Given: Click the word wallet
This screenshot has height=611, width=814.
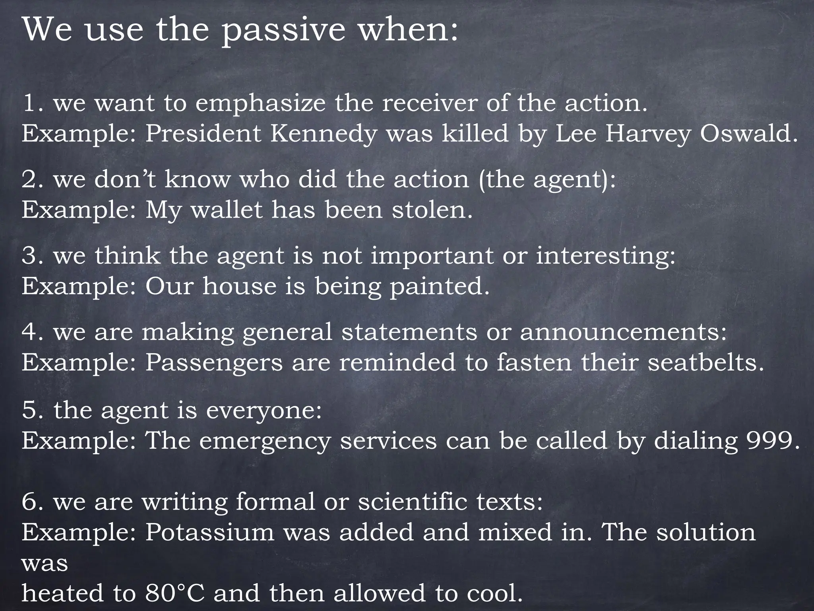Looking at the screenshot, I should coord(227,210).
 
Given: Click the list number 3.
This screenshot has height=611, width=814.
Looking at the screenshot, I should coord(30,255).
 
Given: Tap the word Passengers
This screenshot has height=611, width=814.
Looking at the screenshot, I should coord(214,363).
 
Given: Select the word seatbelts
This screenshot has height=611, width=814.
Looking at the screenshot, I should coord(706,363).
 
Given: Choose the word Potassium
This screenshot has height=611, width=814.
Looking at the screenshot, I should coord(209,532).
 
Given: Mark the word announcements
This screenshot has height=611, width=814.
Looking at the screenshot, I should coord(623,332).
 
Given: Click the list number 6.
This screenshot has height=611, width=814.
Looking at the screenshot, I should coord(30,502).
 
